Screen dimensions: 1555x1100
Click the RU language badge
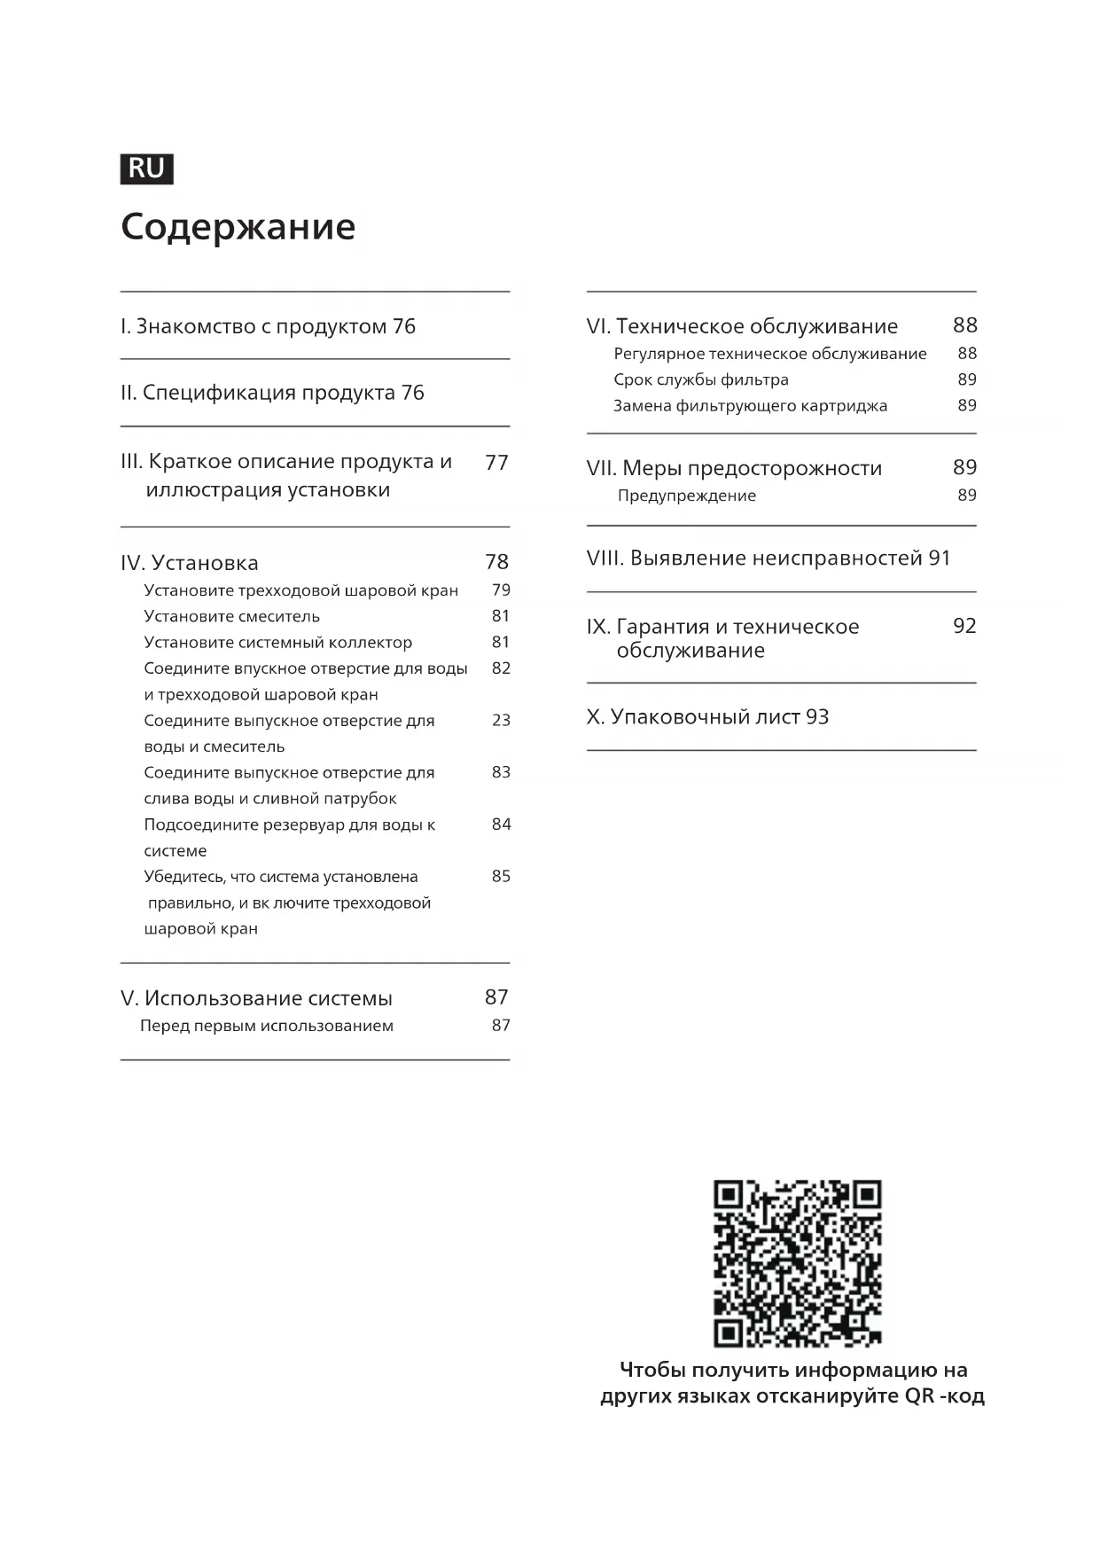point(146,168)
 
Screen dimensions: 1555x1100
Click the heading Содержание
point(238,227)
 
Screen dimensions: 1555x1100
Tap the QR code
point(797,1263)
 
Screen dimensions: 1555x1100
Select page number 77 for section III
point(496,463)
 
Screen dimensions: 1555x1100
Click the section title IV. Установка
point(190,563)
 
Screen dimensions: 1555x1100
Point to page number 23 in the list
point(501,720)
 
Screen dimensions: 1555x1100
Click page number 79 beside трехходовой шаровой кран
point(501,590)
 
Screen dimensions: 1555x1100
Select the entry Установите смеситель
point(231,616)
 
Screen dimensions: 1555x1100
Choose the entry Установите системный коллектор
point(277,642)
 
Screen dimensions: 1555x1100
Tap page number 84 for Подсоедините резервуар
point(501,824)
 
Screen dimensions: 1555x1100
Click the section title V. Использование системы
point(256,998)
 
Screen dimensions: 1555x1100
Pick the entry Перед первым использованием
point(266,1026)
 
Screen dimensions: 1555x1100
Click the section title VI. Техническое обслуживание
point(742,326)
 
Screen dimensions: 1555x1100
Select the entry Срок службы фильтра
point(700,379)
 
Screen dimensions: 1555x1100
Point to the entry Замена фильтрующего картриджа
point(750,406)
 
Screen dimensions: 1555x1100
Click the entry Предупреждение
point(686,496)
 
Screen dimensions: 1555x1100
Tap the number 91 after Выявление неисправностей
point(940,559)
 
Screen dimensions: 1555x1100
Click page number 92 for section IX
point(964,627)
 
